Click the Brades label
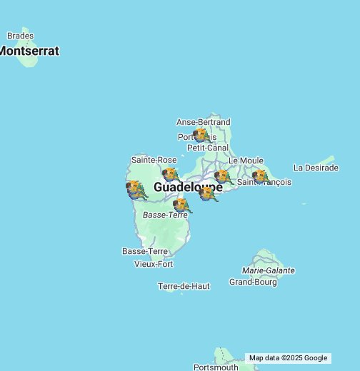(x=20, y=36)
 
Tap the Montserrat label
(x=29, y=51)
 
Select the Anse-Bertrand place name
(x=203, y=123)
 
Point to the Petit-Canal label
(x=208, y=148)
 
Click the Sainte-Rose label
(x=154, y=160)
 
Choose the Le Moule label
(x=246, y=161)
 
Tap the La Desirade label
(x=316, y=168)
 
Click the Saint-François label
(x=266, y=183)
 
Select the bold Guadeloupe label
(x=188, y=187)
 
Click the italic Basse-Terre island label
(x=165, y=215)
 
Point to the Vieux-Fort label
(x=154, y=264)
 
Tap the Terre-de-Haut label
(x=184, y=286)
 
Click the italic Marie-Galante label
(x=269, y=271)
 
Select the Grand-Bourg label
(x=253, y=282)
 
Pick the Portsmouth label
(x=216, y=367)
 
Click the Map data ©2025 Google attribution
(x=288, y=358)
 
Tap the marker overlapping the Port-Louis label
(x=201, y=135)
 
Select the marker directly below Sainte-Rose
(x=170, y=174)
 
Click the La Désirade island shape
(x=325, y=162)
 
